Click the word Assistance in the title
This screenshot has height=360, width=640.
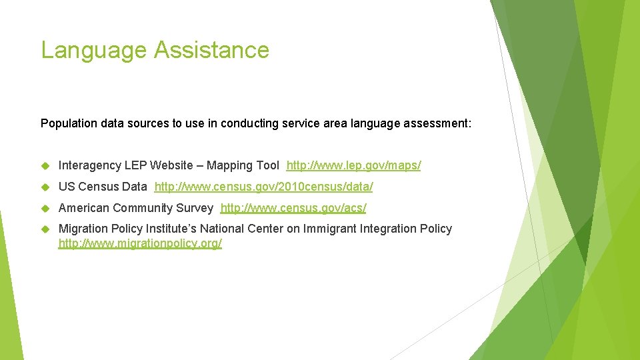211,51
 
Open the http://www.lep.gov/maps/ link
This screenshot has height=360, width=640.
353,165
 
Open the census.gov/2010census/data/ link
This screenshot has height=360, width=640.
263,187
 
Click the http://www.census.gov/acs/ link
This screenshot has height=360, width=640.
293,208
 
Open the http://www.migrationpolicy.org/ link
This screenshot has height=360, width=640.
140,244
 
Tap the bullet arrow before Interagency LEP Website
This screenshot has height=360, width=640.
45,165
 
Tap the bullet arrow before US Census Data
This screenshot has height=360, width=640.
45,187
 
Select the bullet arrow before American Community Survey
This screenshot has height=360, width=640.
45,208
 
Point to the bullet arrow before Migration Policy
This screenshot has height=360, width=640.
45,229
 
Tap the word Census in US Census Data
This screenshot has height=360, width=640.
100,187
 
